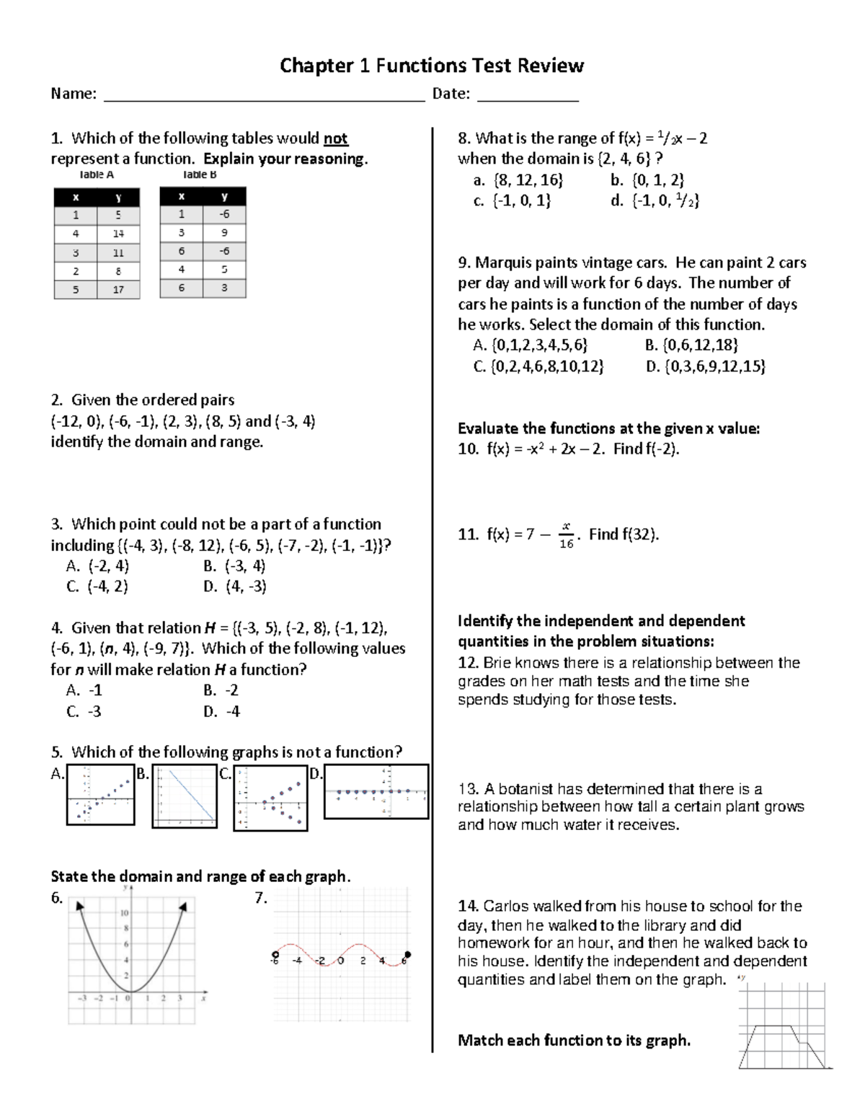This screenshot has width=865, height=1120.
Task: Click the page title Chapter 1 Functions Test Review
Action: coord(431,66)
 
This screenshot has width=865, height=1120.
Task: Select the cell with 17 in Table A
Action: coord(118,289)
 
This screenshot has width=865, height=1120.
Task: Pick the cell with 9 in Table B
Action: coord(224,233)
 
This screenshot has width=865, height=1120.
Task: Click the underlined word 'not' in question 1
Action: coord(335,138)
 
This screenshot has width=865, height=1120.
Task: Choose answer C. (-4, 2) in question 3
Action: coord(97,586)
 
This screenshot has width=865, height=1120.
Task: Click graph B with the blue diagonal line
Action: coord(185,796)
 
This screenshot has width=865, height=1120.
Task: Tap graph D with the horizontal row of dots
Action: coord(376,792)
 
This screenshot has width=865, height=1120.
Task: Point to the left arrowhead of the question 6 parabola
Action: coord(79,906)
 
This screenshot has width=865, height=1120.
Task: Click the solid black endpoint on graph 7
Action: coord(408,953)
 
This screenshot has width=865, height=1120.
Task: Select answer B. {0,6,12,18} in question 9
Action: coord(691,345)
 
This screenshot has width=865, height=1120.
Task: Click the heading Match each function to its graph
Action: coord(574,1040)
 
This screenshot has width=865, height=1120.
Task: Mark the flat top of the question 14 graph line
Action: coord(773,1026)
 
